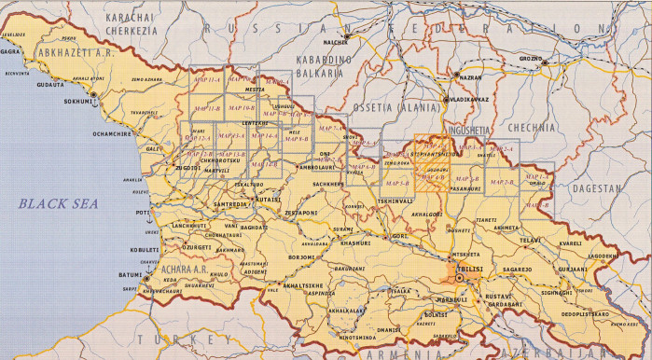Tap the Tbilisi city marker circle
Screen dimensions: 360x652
[458, 277]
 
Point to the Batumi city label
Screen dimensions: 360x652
[130, 273]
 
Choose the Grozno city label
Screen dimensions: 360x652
[530, 59]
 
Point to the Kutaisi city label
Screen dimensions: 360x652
[270, 199]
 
